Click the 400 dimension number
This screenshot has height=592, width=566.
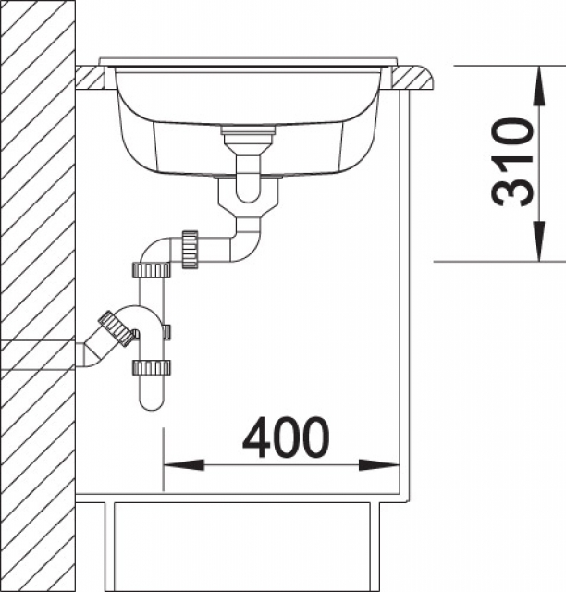coord(286,438)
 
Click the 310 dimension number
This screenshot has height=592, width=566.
coord(512,163)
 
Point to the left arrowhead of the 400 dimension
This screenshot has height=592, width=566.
coord(184,465)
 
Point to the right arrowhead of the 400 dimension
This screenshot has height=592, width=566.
coord(378,465)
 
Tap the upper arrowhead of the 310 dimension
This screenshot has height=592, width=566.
coord(539,86)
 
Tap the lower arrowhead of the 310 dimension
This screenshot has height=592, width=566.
coord(539,241)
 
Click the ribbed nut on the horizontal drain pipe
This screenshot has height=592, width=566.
coord(190,250)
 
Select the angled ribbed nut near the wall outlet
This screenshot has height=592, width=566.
coord(117,328)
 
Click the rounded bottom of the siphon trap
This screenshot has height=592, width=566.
coord(153,402)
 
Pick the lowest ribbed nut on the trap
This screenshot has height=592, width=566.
coord(152,368)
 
